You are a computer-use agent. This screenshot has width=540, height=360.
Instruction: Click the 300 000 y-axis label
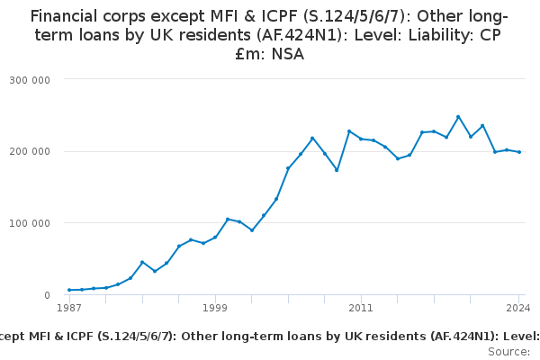pyautogui.click(x=30, y=80)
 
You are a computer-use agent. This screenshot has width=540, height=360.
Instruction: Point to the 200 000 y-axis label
pyautogui.click(x=30, y=151)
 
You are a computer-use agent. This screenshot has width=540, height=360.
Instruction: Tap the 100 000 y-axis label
pyautogui.click(x=30, y=223)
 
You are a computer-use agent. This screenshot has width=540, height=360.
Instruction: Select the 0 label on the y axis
pyautogui.click(x=47, y=295)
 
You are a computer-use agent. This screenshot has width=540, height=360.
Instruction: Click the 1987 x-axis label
pyautogui.click(x=69, y=308)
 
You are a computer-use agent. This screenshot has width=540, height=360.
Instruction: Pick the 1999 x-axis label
pyautogui.click(x=215, y=308)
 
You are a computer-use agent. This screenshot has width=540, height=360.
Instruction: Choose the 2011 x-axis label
pyautogui.click(x=361, y=308)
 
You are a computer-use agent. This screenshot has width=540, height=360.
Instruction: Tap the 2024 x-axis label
pyautogui.click(x=518, y=308)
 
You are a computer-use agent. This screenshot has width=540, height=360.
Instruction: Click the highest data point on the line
pyautogui.click(x=458, y=117)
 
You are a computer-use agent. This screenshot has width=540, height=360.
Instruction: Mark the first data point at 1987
pyautogui.click(x=69, y=290)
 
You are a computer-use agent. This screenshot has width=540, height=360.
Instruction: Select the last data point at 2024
pyautogui.click(x=519, y=152)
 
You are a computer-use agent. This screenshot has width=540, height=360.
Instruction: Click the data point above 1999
pyautogui.click(x=215, y=238)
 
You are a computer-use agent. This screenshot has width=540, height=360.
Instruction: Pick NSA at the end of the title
pyautogui.click(x=288, y=54)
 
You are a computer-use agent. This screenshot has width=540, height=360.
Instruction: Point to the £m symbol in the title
pyautogui.click(x=246, y=54)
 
